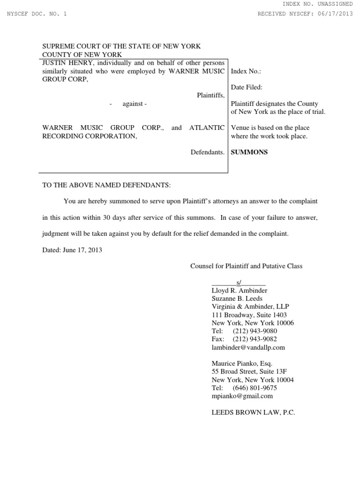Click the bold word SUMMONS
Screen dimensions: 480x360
point(249,152)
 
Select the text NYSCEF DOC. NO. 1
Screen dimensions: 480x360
point(37,14)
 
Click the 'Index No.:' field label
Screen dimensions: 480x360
point(246,71)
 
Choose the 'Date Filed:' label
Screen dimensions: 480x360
point(247,87)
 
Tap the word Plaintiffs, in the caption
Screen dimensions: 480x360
point(210,95)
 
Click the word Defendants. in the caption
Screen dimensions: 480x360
point(208,152)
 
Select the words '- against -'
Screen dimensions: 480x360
point(128,104)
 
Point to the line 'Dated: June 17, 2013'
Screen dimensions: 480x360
point(72,250)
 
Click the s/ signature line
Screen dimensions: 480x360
point(239,282)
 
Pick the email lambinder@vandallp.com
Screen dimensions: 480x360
point(248,347)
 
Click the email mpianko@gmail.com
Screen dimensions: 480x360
point(242,396)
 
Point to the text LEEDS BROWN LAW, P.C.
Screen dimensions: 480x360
point(254,412)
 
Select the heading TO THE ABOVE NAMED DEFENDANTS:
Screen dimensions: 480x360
point(107,185)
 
